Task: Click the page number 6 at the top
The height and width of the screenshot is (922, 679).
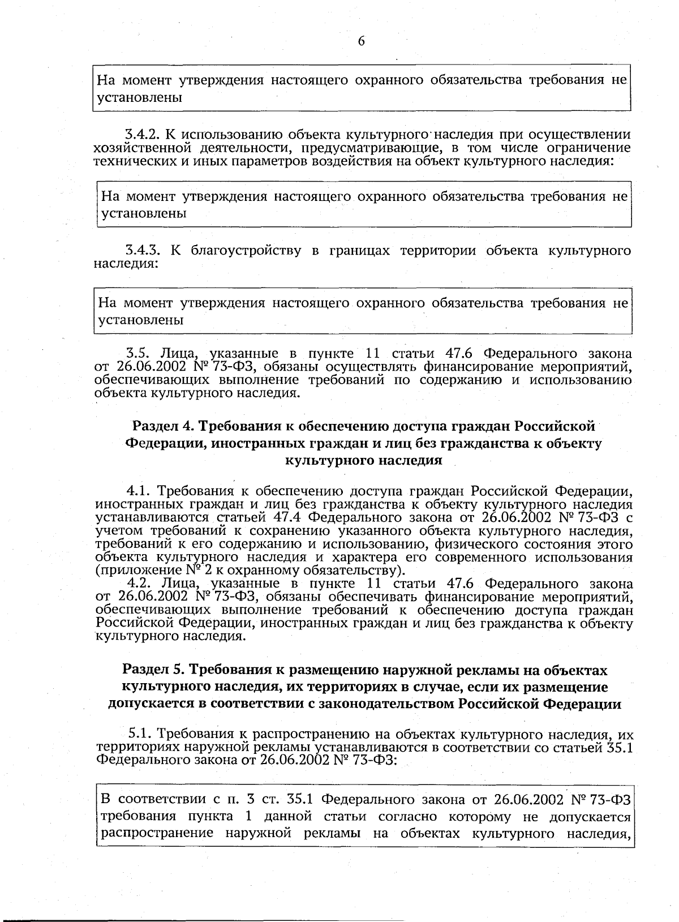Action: tap(362, 41)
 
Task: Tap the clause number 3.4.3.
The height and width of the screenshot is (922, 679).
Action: tap(142, 250)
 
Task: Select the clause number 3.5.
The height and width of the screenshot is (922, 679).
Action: tap(137, 354)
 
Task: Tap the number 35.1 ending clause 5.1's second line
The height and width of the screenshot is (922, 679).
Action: tap(620, 747)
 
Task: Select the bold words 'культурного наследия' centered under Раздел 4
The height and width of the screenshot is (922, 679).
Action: tap(363, 460)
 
